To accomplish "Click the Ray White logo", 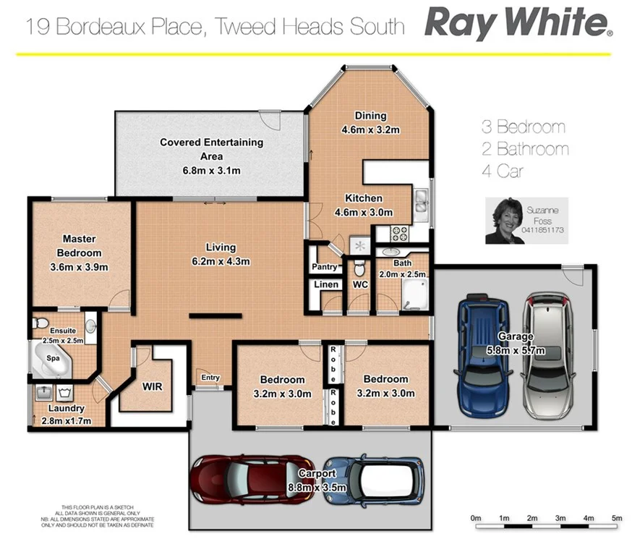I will pos(518,23).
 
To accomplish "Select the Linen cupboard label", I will pos(326,284).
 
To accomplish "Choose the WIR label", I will pos(152,386).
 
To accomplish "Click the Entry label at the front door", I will pos(210,377).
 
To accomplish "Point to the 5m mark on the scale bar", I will pos(616,518).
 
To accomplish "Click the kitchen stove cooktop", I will pos(400,234).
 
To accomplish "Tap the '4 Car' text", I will pos(503,171).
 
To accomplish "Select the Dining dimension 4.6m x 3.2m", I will pos(370,130).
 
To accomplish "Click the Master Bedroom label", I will pos(80,246).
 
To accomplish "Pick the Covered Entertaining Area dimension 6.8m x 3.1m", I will pos(211,170).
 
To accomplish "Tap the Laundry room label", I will pos(67,408).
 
